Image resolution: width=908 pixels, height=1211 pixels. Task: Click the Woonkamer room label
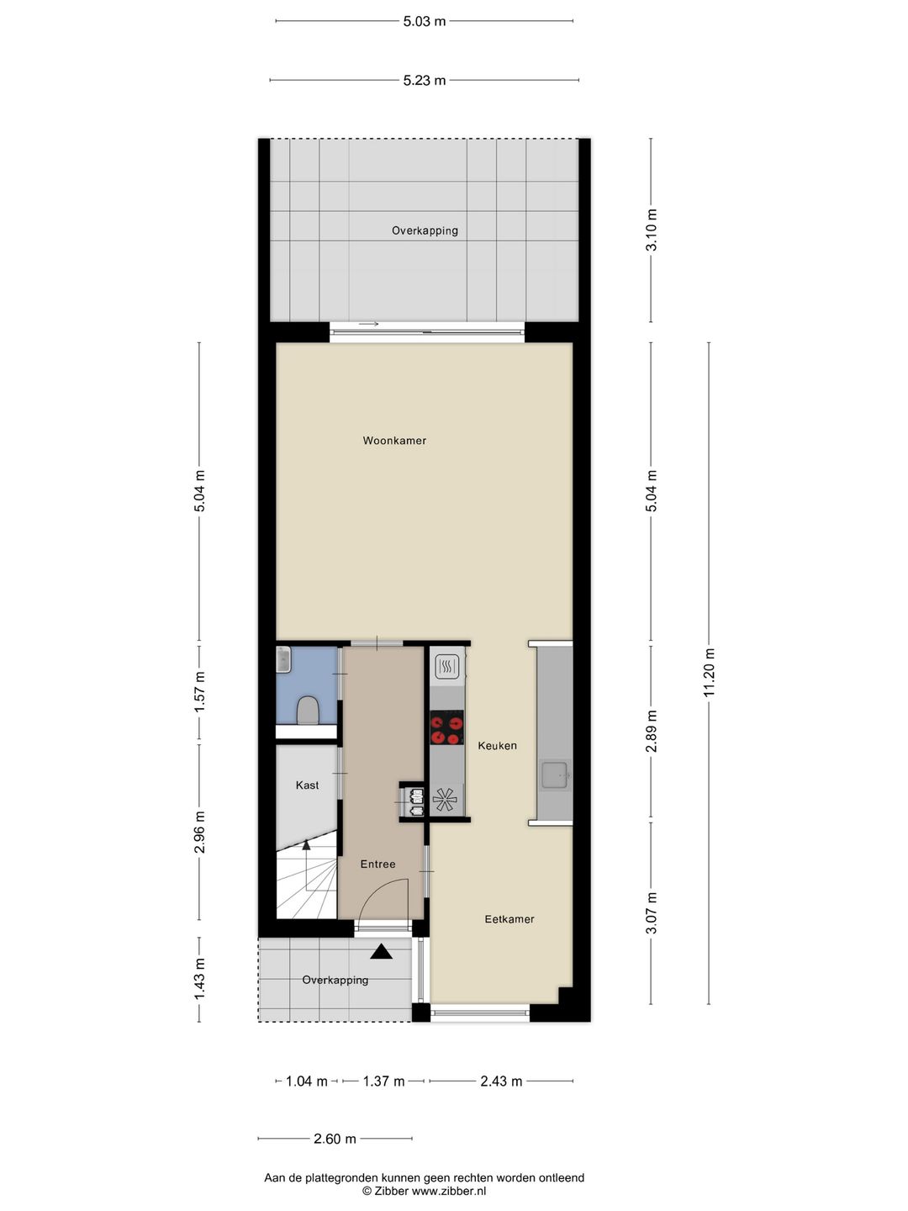click(394, 441)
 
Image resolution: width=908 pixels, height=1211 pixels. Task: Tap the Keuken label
click(497, 745)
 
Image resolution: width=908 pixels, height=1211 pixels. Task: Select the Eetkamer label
click(509, 919)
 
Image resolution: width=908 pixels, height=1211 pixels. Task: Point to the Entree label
click(377, 864)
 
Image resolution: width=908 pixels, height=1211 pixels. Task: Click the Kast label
click(307, 785)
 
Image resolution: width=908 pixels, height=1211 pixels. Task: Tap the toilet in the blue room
click(307, 711)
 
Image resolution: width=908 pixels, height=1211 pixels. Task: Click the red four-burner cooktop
click(446, 727)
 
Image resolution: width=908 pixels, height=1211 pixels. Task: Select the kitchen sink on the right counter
click(556, 775)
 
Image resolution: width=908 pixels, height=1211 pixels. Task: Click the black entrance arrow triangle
click(381, 952)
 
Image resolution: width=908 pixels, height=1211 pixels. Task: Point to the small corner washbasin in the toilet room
click(283, 660)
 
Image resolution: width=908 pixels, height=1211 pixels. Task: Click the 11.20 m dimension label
click(709, 673)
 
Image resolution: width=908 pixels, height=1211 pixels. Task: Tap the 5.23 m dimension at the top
click(424, 81)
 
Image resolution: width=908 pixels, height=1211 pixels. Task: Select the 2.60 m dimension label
click(335, 1138)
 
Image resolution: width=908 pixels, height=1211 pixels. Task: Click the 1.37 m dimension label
click(383, 1081)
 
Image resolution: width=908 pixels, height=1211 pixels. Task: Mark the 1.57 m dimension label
click(199, 692)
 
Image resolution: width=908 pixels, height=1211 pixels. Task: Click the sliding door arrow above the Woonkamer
click(368, 324)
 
